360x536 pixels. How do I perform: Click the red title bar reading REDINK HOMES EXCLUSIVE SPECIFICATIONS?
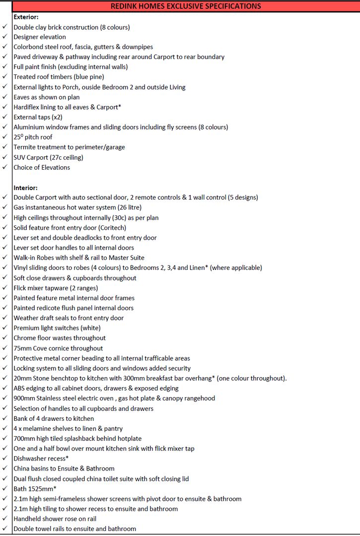click(186, 6)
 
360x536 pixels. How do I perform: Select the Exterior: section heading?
click(26, 17)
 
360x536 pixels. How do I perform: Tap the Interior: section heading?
click(25, 188)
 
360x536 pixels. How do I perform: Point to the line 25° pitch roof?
click(33, 137)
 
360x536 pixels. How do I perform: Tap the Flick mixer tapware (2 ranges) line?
click(56, 288)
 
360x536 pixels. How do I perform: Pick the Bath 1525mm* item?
click(35, 488)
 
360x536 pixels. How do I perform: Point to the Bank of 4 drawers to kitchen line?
click(54, 418)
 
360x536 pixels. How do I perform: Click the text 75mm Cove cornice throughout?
click(58, 348)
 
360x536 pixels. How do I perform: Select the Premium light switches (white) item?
click(57, 328)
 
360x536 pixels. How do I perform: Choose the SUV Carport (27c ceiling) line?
click(48, 157)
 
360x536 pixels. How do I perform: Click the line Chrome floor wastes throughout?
click(60, 338)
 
